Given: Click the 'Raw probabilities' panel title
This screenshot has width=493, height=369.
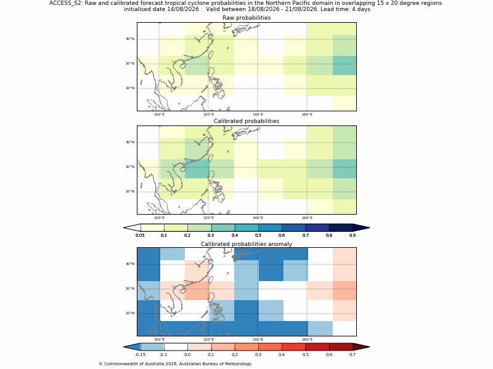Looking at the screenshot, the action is (x=246, y=18).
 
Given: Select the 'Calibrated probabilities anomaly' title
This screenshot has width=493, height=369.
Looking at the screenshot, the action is (x=246, y=244).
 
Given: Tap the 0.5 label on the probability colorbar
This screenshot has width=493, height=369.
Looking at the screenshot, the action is (x=258, y=236).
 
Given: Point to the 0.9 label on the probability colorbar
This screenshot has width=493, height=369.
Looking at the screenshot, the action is (x=352, y=236).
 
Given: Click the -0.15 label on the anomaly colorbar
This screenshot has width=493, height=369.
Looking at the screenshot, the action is (x=140, y=355).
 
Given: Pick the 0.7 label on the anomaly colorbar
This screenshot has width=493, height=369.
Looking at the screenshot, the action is (x=352, y=355).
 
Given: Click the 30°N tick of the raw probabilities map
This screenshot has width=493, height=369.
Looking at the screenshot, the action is (x=130, y=39).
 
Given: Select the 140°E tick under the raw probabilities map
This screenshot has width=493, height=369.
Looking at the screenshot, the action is (x=258, y=114).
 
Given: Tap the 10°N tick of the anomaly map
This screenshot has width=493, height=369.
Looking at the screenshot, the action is (x=130, y=313).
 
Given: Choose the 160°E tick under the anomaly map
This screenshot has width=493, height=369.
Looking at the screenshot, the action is (x=307, y=339).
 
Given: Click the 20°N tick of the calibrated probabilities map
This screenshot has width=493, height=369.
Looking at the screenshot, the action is (x=130, y=167).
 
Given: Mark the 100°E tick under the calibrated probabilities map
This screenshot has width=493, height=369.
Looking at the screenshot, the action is (x=160, y=218).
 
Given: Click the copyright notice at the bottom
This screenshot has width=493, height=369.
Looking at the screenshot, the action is (x=175, y=364).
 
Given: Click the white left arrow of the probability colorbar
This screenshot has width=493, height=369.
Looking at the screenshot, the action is (x=132, y=228).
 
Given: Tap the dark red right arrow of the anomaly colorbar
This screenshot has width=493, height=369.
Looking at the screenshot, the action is (x=361, y=347).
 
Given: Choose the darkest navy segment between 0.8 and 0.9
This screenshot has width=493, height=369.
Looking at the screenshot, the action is (x=341, y=228).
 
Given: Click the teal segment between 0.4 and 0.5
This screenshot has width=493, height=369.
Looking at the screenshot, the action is (x=246, y=228).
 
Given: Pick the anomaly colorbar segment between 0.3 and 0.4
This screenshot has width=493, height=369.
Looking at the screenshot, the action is (x=270, y=347).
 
